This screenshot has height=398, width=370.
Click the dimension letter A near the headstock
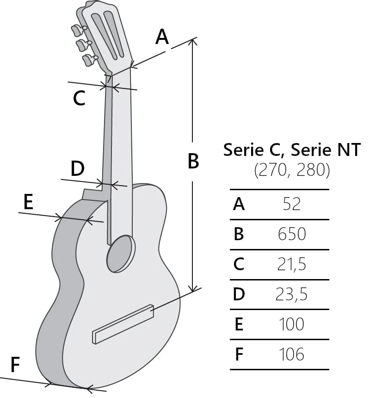(x=162, y=37)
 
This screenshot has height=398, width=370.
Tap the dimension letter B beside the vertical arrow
(x=193, y=161)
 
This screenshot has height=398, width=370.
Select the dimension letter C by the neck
(x=79, y=98)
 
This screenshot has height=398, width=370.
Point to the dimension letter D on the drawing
(x=78, y=169)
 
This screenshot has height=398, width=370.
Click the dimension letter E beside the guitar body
(x=28, y=203)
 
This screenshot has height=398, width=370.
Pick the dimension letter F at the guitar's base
(x=15, y=365)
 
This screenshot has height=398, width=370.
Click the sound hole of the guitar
(x=121, y=253)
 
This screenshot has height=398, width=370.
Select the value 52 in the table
(x=292, y=204)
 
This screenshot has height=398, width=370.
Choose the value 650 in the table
(x=292, y=234)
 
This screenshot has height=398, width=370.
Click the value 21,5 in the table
(x=292, y=264)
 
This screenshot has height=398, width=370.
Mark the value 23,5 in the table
(x=292, y=294)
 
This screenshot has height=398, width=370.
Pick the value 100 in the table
(x=292, y=324)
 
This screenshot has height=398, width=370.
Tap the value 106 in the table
(x=292, y=354)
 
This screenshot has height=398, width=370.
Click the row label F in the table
(x=239, y=354)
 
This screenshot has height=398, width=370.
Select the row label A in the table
(x=239, y=204)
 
